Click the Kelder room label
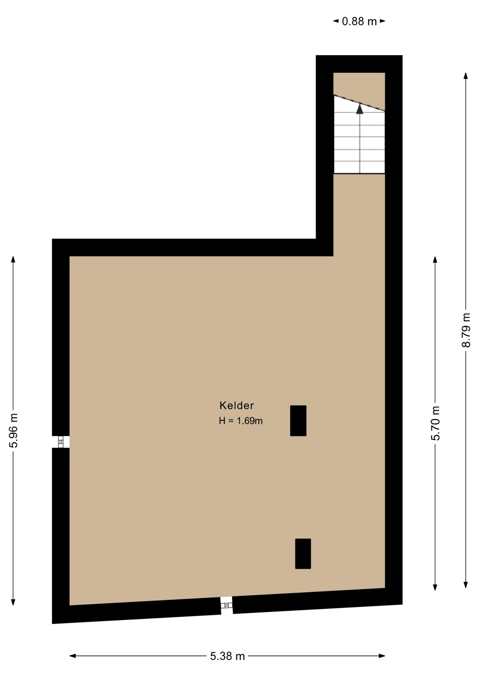pos(236,405)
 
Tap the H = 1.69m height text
pos(241,421)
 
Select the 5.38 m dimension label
pos(228,656)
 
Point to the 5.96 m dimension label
pos(13,430)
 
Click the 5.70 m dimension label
pos(436,423)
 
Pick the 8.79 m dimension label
pos(466,330)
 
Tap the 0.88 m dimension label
pos(359,22)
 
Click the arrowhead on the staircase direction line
pos(359,109)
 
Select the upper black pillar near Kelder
pos(298,421)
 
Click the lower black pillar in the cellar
pos(303,554)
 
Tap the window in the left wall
pos(61,442)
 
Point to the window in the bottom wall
pos(226,605)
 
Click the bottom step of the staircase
pos(359,167)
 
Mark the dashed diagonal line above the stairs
pos(359,103)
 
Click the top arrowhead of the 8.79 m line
pos(466,76)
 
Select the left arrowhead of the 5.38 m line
pos(73,656)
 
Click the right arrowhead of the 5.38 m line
pos(382,656)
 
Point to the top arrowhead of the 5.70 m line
pos(435,260)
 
